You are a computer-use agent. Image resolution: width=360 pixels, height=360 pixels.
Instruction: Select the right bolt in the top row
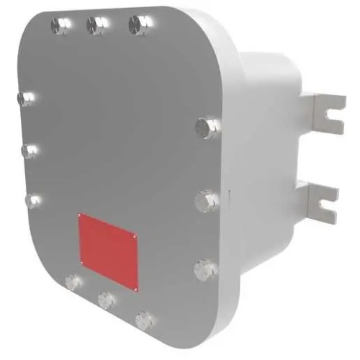[x=137, y=25]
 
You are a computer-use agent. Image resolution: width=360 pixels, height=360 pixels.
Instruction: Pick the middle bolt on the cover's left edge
[x=28, y=150]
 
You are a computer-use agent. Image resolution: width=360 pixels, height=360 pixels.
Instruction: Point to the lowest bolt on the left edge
[x=31, y=200]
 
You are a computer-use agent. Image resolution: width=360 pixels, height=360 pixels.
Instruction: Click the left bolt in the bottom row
[x=72, y=282]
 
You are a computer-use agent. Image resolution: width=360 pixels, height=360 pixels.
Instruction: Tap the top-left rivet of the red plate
[x=81, y=216]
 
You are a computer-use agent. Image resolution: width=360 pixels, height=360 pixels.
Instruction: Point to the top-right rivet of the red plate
[x=134, y=233]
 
